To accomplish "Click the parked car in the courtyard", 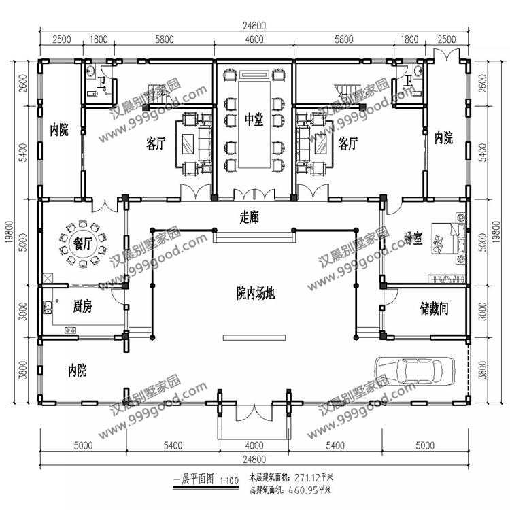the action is [415, 371].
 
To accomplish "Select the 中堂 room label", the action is [254, 120].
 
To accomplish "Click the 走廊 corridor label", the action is [249, 218].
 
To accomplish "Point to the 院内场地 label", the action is [256, 293].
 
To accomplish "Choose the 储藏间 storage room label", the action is [435, 308].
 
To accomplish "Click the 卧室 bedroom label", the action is [413, 239].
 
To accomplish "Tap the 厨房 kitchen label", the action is [82, 306].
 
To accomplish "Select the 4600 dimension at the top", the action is [254, 39].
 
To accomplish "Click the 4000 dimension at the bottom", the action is [254, 445].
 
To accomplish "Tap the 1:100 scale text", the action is [229, 480].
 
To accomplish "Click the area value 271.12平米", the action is [314, 478].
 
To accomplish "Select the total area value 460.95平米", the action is [309, 490].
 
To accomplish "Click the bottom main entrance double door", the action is [254, 412].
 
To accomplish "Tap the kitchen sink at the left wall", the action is [48, 307].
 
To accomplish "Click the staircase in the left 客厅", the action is [159, 95].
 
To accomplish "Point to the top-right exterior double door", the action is [447, 54].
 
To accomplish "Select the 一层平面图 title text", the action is [194, 480].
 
